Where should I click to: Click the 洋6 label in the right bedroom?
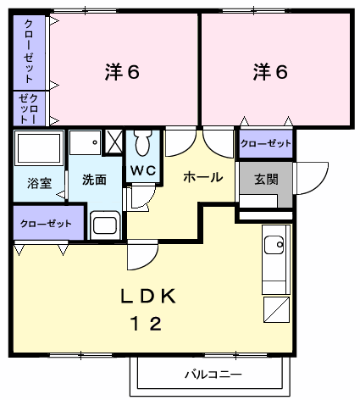270,72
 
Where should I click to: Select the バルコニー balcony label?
213,374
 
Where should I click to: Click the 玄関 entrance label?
265,179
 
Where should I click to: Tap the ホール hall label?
203,177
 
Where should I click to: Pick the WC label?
141,169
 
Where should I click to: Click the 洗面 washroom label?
94,180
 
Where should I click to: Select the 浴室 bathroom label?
39,182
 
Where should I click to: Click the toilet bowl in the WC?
141,143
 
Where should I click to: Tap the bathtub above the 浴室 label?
39,150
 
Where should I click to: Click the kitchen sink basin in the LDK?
274,246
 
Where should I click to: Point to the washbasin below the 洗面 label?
105,225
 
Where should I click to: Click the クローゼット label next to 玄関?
266,143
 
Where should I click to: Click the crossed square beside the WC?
114,141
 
